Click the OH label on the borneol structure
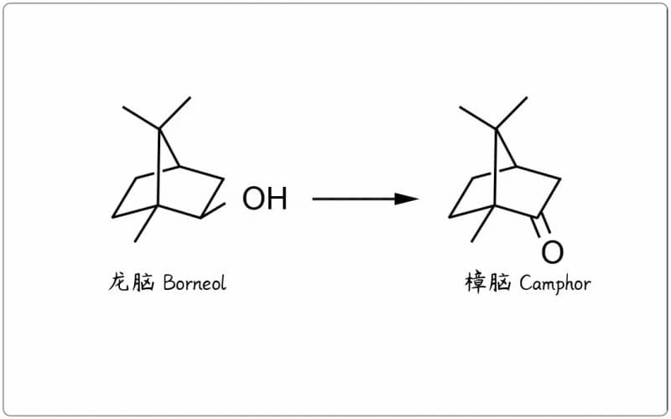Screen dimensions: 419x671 click(x=264, y=199)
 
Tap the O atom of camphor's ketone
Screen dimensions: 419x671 click(x=552, y=251)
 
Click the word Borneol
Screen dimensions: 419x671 click(x=195, y=283)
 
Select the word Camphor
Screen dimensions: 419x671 click(x=554, y=283)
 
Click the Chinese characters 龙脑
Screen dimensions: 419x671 click(x=132, y=283)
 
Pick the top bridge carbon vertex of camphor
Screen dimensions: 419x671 click(x=496, y=128)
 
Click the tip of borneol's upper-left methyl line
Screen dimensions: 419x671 click(x=123, y=107)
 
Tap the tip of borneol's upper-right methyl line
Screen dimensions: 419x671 click(x=190, y=97)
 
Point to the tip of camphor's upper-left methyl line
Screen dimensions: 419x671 click(x=460, y=107)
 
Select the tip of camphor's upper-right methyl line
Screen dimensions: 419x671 click(x=528, y=97)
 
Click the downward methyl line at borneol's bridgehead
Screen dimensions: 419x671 click(x=146, y=223)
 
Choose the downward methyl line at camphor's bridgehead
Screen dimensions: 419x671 click(x=482, y=223)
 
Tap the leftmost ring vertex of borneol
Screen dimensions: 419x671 click(x=113, y=217)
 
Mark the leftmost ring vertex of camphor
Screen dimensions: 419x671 click(x=450, y=217)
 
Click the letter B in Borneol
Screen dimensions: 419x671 click(x=169, y=283)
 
